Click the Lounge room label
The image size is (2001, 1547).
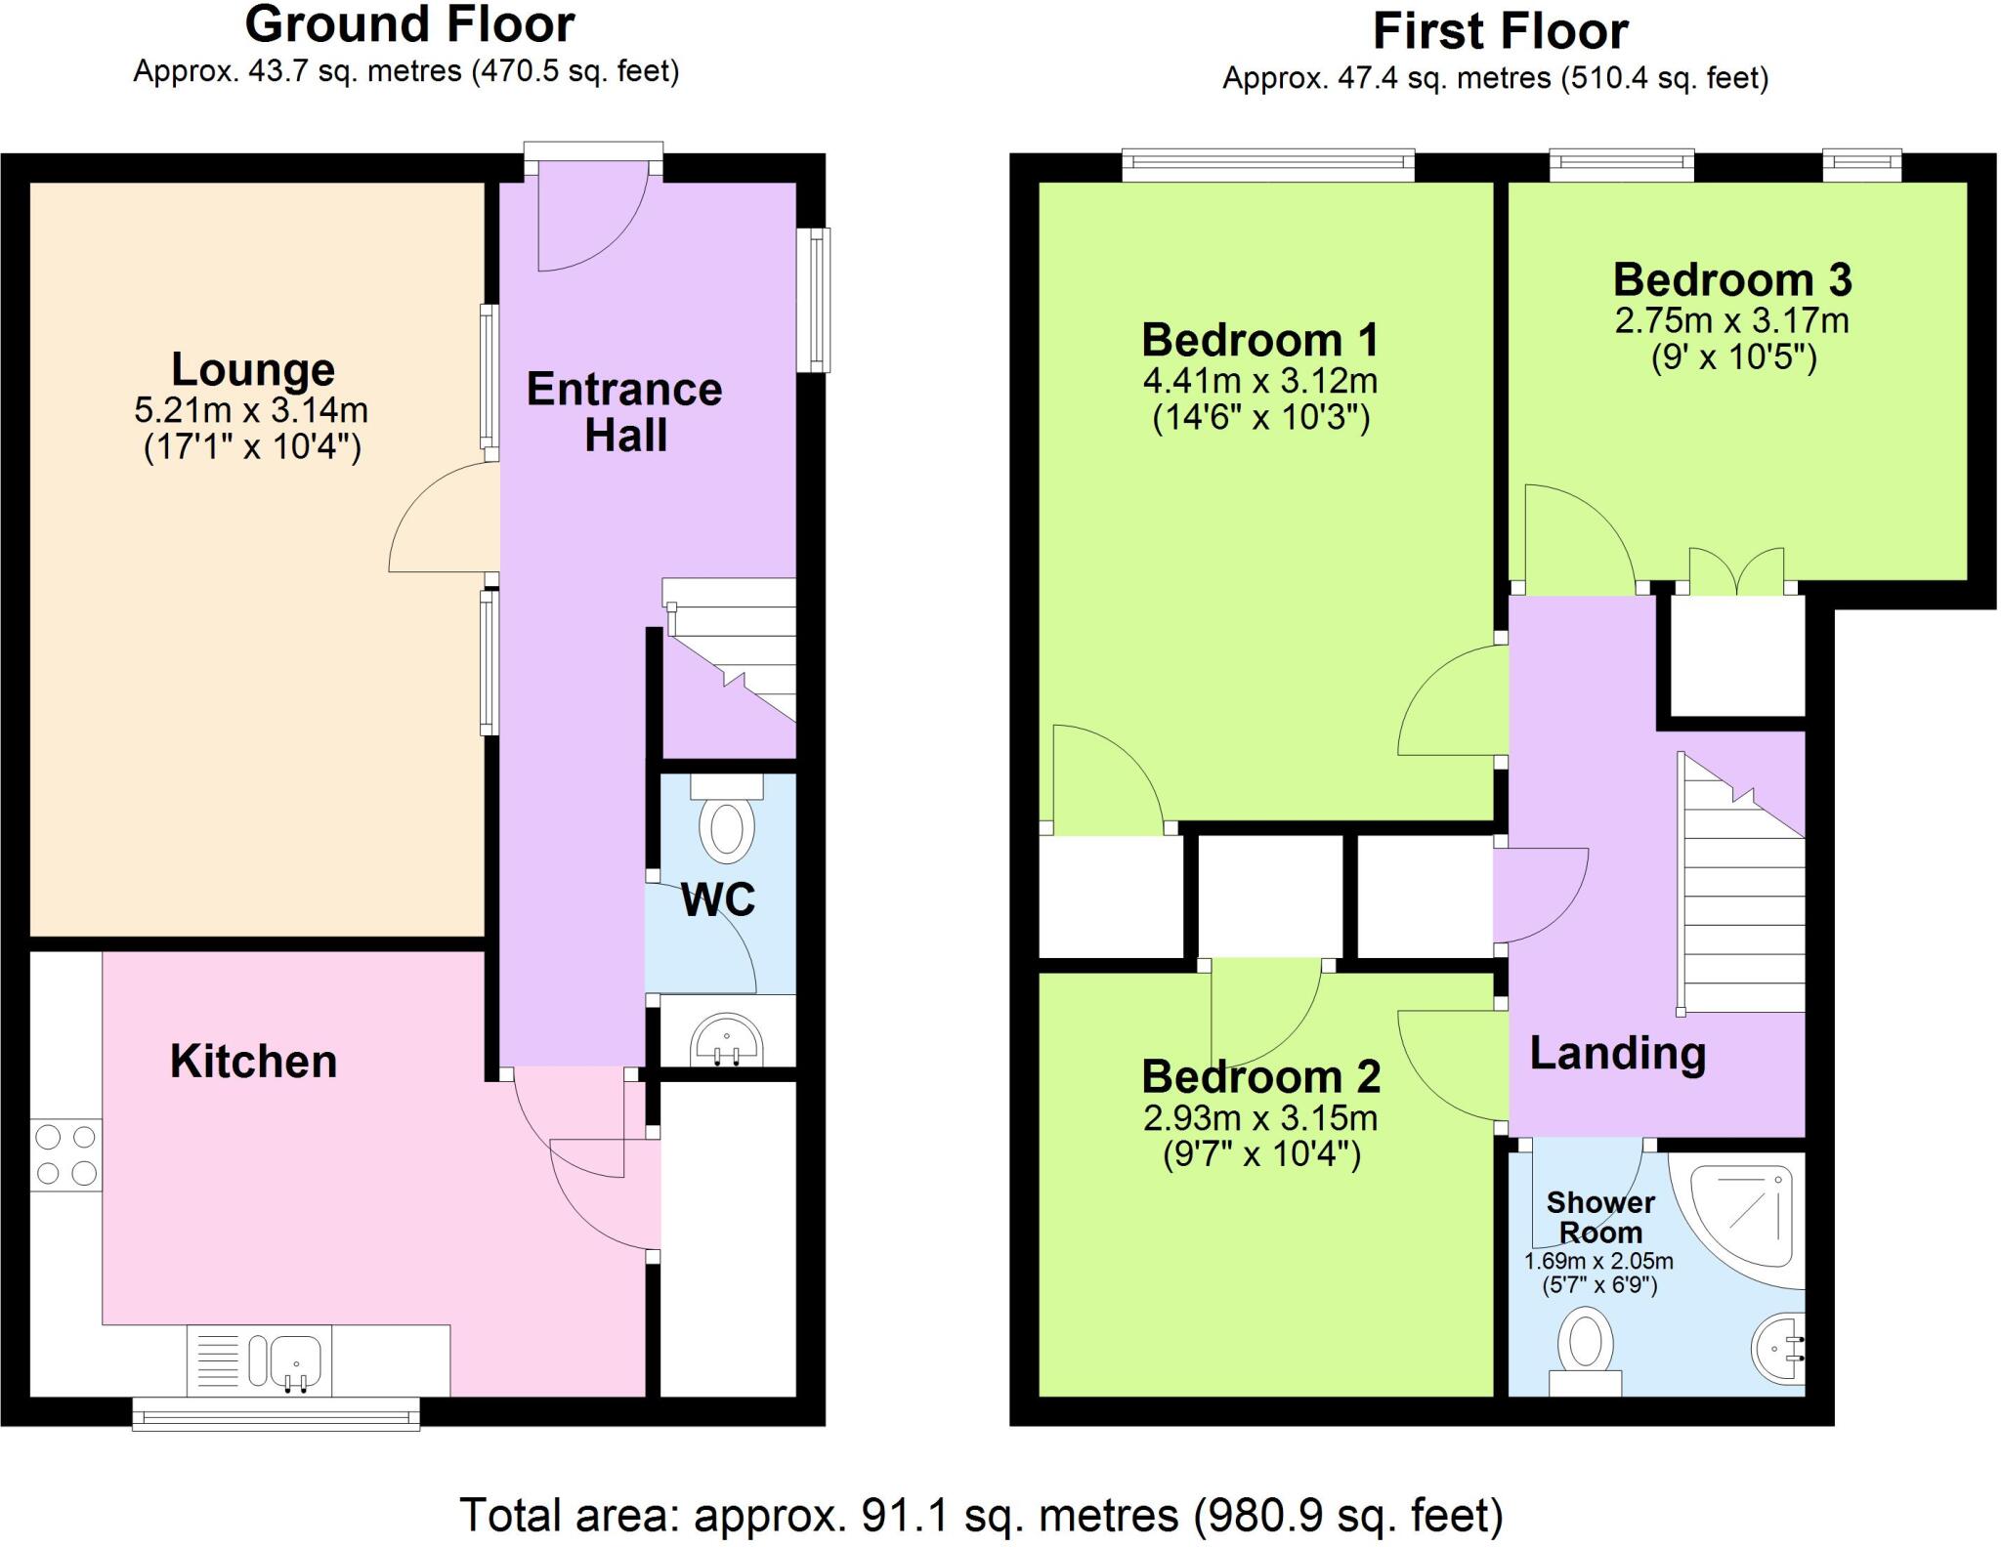click(x=253, y=369)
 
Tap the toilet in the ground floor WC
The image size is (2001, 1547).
click(x=727, y=819)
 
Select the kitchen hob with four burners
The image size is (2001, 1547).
click(x=65, y=1154)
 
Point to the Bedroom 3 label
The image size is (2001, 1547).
click(x=1732, y=280)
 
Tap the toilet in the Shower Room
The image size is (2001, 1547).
click(x=1585, y=1354)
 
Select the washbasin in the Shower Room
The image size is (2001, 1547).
click(x=1777, y=1349)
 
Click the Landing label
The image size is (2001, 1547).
click(x=1618, y=1053)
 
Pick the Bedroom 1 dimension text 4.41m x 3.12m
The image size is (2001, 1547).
click(x=1260, y=381)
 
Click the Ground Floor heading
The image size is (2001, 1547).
click(x=409, y=24)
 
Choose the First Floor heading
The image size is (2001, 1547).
click(x=1501, y=31)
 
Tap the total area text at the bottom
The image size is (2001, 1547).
click(x=981, y=1515)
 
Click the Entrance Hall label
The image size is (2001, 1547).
click(x=625, y=412)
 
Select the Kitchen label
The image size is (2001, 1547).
click(x=254, y=1062)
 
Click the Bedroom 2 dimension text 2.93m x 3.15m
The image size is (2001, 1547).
click(x=1260, y=1118)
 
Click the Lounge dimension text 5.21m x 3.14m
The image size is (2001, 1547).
click(x=251, y=410)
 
